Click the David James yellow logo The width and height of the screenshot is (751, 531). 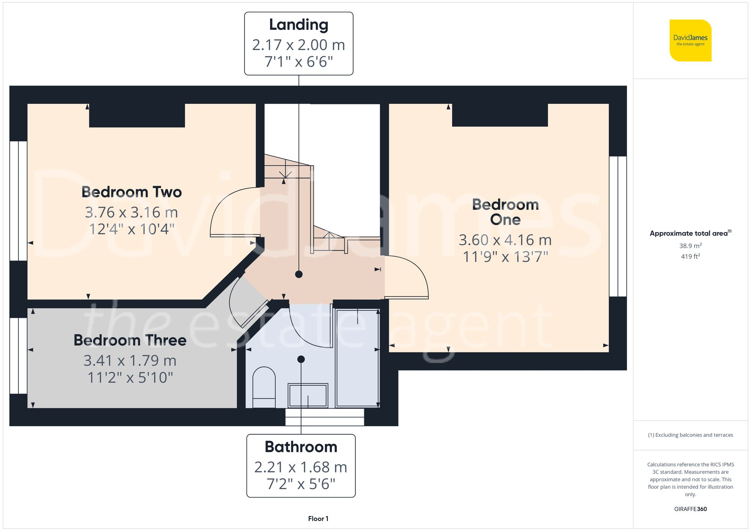click(690, 41)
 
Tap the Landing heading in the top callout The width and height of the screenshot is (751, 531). click(299, 25)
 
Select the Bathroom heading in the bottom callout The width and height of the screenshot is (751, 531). click(301, 447)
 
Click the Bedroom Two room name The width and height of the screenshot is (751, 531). click(131, 192)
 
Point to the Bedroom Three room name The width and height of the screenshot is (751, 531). click(130, 340)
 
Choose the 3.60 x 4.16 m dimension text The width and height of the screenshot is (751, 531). click(505, 240)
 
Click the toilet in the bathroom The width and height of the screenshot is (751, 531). click(264, 387)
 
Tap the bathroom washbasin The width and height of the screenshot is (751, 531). click(308, 395)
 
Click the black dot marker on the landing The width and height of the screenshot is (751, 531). click(299, 274)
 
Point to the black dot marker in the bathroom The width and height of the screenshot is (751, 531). click(301, 359)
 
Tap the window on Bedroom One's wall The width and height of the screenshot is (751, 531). click(618, 226)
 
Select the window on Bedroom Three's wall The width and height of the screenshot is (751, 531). click(18, 355)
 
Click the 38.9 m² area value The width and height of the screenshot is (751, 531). click(690, 246)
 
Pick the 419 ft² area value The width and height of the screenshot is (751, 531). click(690, 256)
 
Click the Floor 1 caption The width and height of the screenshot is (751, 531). click(318, 519)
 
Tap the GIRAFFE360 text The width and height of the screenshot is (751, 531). click(690, 509)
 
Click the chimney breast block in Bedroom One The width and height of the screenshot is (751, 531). click(500, 115)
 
